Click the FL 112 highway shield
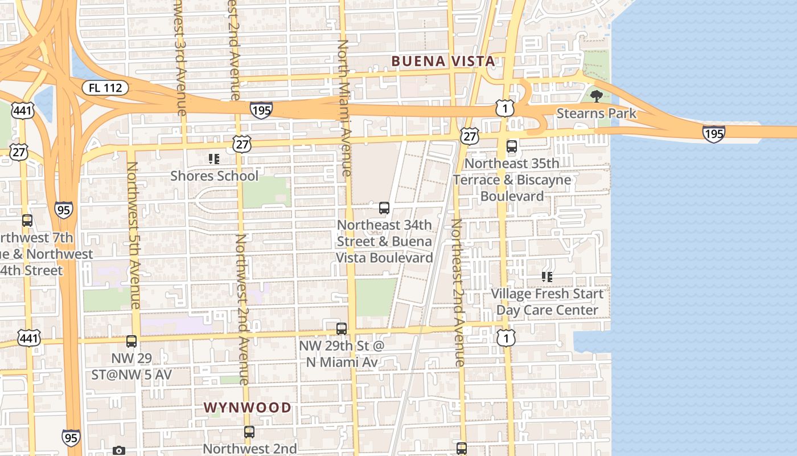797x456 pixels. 105,88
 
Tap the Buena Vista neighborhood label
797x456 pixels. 442,61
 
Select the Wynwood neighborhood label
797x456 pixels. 248,408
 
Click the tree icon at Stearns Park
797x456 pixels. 596,96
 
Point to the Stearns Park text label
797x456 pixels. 596,113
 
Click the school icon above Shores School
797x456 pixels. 214,159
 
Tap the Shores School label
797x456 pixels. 214,176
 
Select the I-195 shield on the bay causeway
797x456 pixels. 713,133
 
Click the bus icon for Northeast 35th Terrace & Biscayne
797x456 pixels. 512,146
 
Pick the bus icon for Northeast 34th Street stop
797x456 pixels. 384,208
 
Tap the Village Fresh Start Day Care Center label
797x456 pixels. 547,302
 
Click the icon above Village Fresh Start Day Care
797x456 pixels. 547,277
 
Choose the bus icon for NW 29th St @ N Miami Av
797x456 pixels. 342,329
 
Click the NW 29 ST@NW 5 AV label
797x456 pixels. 132,367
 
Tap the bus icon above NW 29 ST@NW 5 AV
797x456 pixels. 132,341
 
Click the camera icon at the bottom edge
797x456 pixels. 118,451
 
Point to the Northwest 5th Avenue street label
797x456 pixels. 134,235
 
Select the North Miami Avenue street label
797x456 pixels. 344,107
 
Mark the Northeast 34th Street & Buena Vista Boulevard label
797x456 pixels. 384,241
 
